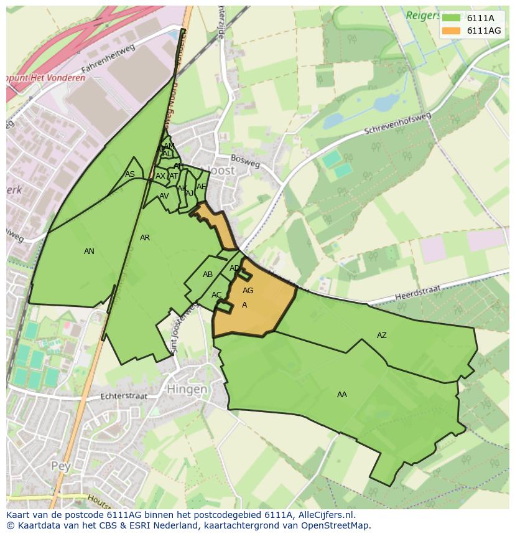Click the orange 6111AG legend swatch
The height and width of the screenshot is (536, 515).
(452, 31)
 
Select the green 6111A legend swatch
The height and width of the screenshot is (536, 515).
(452, 18)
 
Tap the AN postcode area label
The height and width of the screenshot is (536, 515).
(89, 252)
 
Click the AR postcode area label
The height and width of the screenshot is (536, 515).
(145, 238)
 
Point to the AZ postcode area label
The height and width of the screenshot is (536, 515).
(382, 336)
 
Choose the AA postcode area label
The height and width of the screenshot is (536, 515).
(342, 395)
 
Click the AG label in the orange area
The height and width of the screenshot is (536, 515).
(248, 291)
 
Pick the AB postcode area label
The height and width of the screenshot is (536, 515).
(208, 275)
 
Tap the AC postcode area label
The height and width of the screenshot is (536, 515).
(216, 295)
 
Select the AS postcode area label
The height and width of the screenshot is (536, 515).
(129, 174)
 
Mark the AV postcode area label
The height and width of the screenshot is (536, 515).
(164, 196)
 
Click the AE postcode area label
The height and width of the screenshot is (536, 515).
(201, 187)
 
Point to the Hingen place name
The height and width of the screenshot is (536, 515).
(187, 389)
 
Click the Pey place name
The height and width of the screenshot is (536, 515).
(62, 465)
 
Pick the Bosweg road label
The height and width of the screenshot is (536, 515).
(245, 161)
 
